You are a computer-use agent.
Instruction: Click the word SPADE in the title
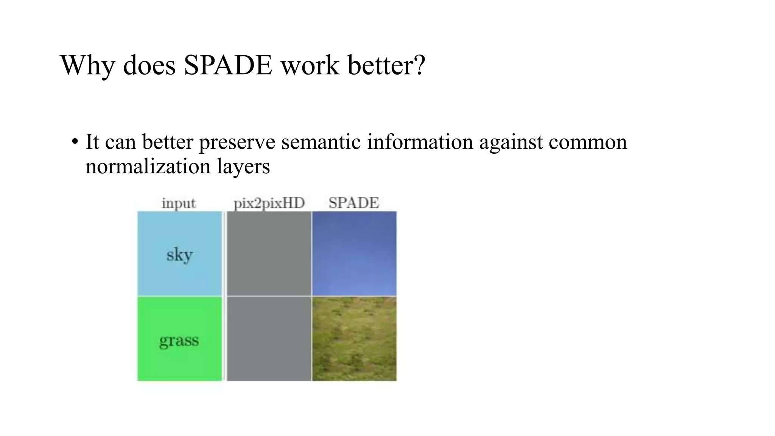pos(228,65)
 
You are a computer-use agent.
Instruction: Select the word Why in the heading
pos(87,65)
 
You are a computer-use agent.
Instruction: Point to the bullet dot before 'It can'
pos(75,142)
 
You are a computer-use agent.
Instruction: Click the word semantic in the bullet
pos(321,142)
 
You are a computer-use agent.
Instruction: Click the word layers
pos(243,167)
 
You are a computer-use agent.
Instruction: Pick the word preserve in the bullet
pos(237,142)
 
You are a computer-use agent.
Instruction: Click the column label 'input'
pos(179,203)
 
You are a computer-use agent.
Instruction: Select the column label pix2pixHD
pos(269,203)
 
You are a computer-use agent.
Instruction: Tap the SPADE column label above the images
pos(353,203)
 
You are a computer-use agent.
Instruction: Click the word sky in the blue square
pos(179,255)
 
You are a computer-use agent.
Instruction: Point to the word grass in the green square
pos(179,340)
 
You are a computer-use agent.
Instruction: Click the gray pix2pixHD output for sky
pos(269,254)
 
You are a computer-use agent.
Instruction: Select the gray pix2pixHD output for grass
pos(269,339)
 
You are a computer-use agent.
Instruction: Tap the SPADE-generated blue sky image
pos(354,254)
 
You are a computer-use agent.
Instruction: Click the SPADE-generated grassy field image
pos(354,339)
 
